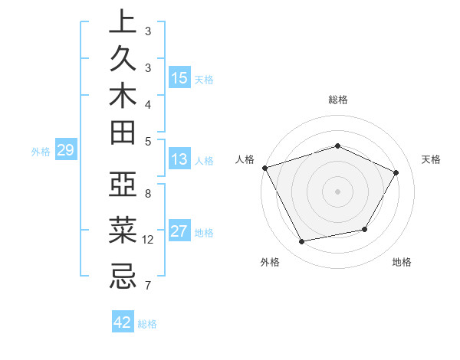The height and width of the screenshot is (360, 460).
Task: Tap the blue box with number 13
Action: (x=179, y=160)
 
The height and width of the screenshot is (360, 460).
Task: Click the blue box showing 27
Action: (x=179, y=232)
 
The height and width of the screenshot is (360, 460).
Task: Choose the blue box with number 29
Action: (x=65, y=151)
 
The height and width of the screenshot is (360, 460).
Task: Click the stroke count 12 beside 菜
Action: (x=148, y=240)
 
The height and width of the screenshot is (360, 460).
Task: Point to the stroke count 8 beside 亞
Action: (x=148, y=194)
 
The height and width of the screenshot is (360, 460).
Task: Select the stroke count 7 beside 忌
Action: (x=148, y=286)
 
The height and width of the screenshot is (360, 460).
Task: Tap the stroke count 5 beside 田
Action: (x=148, y=140)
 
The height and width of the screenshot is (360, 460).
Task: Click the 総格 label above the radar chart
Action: (x=337, y=100)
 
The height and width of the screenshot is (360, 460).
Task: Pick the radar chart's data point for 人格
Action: (x=264, y=168)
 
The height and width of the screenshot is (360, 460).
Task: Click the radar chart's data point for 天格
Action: (x=396, y=172)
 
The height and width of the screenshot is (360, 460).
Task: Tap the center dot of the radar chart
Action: (x=337, y=191)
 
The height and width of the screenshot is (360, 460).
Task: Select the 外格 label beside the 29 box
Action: (x=41, y=152)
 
